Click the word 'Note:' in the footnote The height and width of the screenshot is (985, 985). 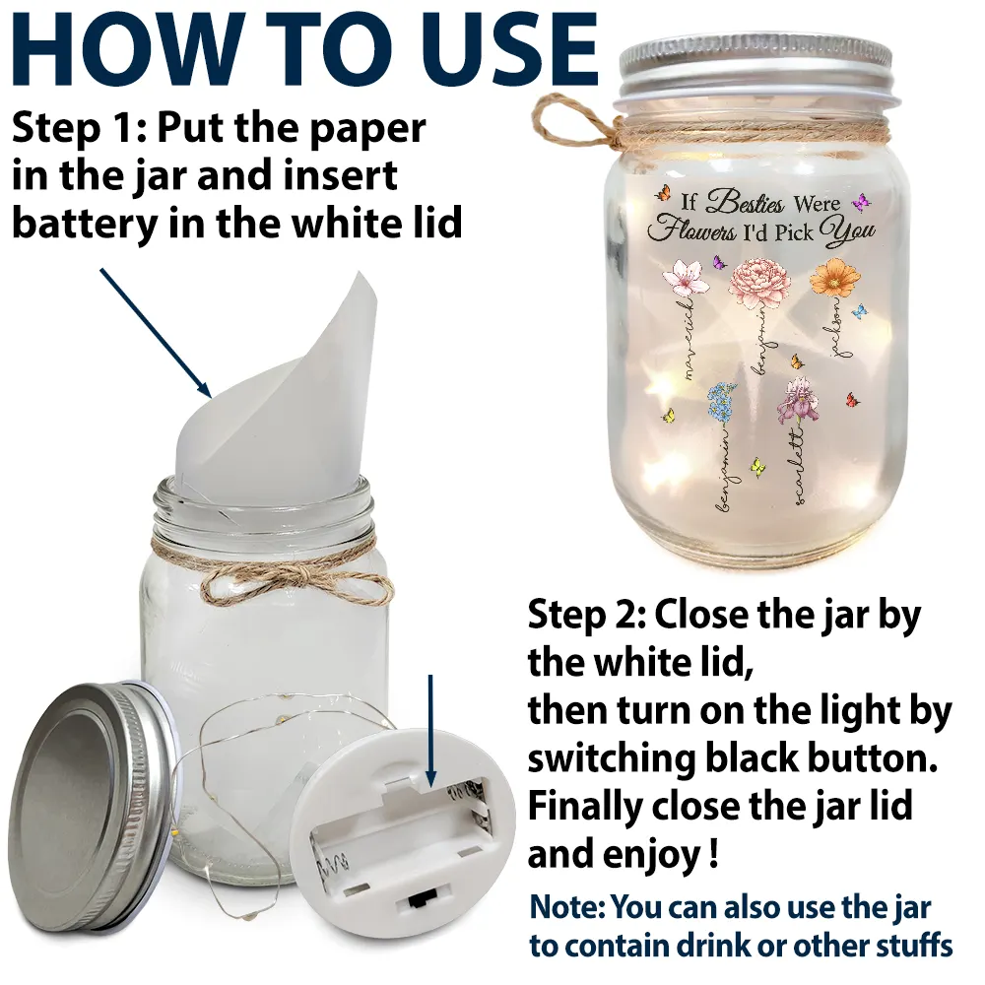pyautogui.click(x=566, y=907)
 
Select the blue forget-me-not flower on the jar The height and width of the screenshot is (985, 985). pyautogui.click(x=721, y=399)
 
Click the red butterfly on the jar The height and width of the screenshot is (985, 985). pyautogui.click(x=852, y=399)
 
